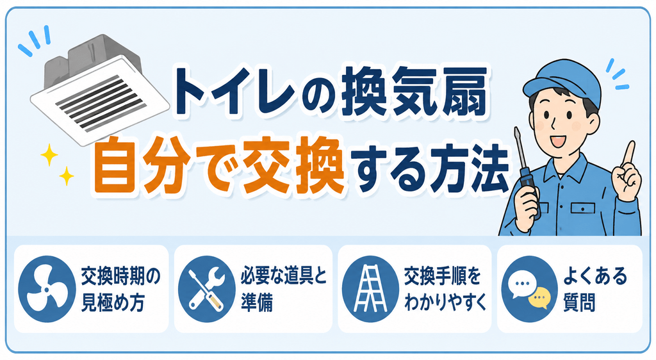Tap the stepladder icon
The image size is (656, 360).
[370, 289]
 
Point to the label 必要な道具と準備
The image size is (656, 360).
[283, 289]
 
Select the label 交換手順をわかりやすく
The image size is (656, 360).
[445, 289]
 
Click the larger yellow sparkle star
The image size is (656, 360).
[49, 155]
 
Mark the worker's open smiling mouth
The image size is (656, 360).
[558, 141]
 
